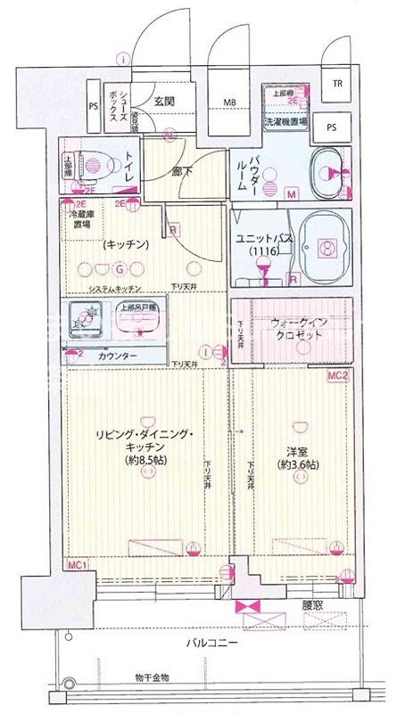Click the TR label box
point(337,85)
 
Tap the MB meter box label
point(229,102)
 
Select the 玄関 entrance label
point(162,101)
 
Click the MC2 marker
point(335,378)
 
